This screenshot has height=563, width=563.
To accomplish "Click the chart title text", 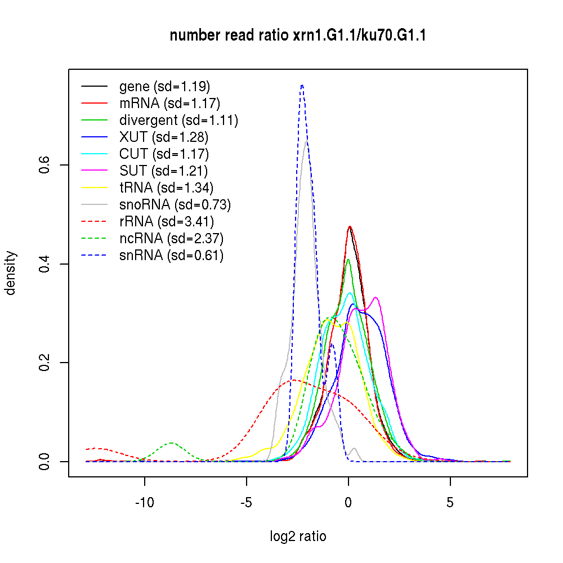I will pyautogui.click(x=298, y=36).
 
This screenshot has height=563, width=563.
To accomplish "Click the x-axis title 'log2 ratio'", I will pyautogui.click(x=298, y=536).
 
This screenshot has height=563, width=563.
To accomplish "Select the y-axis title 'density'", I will pyautogui.click(x=11, y=273).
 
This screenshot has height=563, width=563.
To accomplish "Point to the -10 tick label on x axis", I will pyautogui.click(x=145, y=503).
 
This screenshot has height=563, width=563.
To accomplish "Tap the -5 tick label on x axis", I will pyautogui.click(x=247, y=503).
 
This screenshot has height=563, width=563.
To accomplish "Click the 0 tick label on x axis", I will pyautogui.click(x=348, y=503).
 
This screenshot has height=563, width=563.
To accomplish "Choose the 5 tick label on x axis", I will pyautogui.click(x=450, y=503).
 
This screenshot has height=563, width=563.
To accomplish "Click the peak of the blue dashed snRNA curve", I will pyautogui.click(x=302, y=85).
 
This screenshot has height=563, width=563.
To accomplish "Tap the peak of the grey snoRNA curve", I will pyautogui.click(x=306, y=140).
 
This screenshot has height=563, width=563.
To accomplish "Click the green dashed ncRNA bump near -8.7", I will pyautogui.click(x=172, y=443).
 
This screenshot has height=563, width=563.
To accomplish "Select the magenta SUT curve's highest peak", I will pyautogui.click(x=375, y=297).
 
